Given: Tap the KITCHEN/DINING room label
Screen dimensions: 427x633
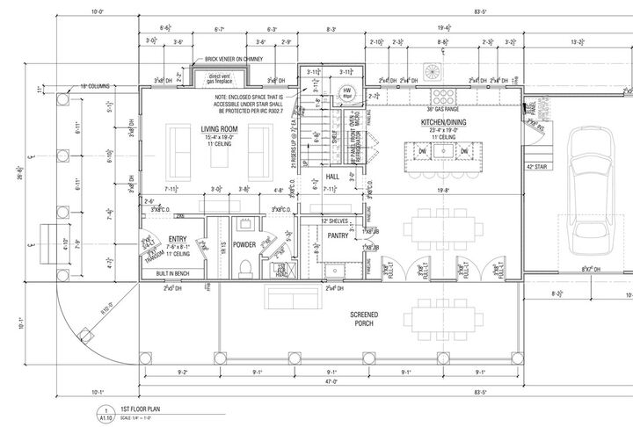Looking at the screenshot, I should tap(443, 119).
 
